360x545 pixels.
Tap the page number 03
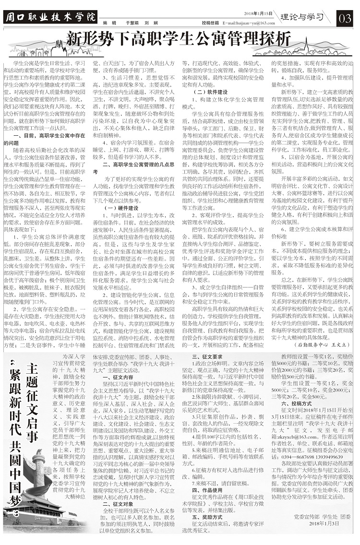(344, 18)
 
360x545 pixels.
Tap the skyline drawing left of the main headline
(34, 48)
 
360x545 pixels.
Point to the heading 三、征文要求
(207, 357)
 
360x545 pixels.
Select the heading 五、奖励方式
(207, 517)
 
